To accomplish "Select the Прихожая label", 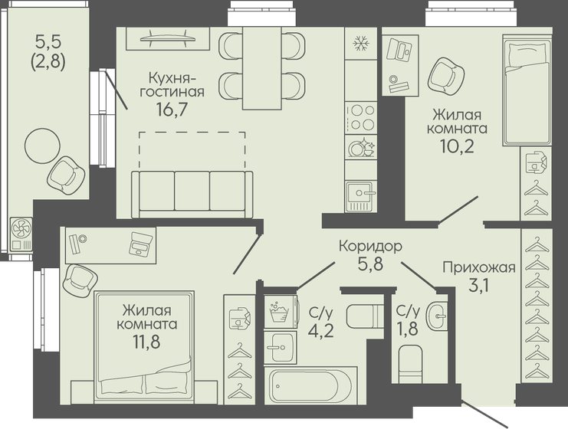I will point(478,267).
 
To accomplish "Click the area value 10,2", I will point(458,146).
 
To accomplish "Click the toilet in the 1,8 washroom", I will point(411,361).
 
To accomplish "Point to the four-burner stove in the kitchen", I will point(360,117).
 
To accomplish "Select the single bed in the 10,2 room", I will point(527,93).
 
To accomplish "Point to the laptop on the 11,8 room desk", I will point(141,244).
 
